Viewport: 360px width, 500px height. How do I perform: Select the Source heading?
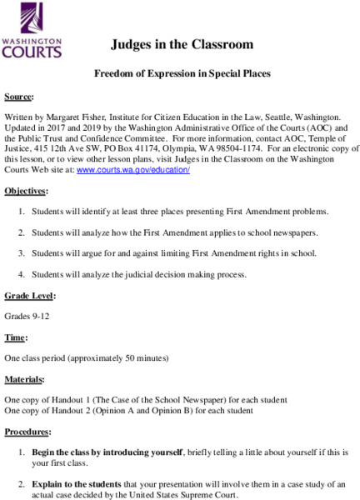[20, 97]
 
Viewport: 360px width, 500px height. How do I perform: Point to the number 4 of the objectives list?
[21, 273]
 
